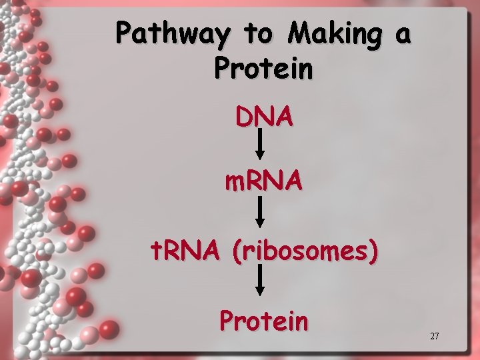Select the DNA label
[x=263, y=117]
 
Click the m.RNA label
[x=263, y=181]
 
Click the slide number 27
[x=434, y=337]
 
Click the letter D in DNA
[x=243, y=117]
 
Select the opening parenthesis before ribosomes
[x=237, y=251]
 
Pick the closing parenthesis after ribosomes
[x=375, y=251]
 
